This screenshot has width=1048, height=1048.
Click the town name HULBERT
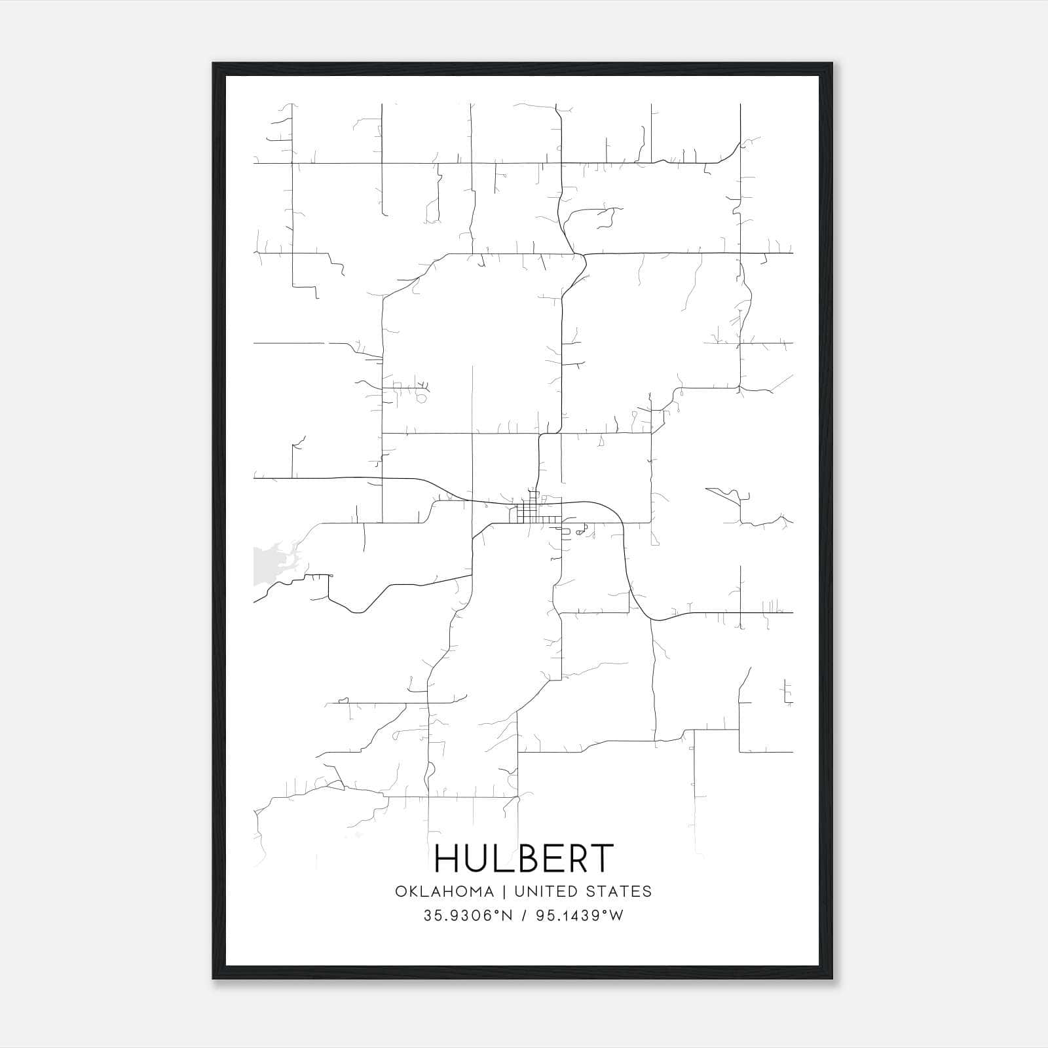(x=524, y=858)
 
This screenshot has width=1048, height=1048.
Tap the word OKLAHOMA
(x=443, y=891)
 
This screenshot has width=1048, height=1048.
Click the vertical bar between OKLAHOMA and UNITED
(x=504, y=891)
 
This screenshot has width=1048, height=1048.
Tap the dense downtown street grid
(x=532, y=513)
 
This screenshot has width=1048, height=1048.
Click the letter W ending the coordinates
(x=617, y=916)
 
